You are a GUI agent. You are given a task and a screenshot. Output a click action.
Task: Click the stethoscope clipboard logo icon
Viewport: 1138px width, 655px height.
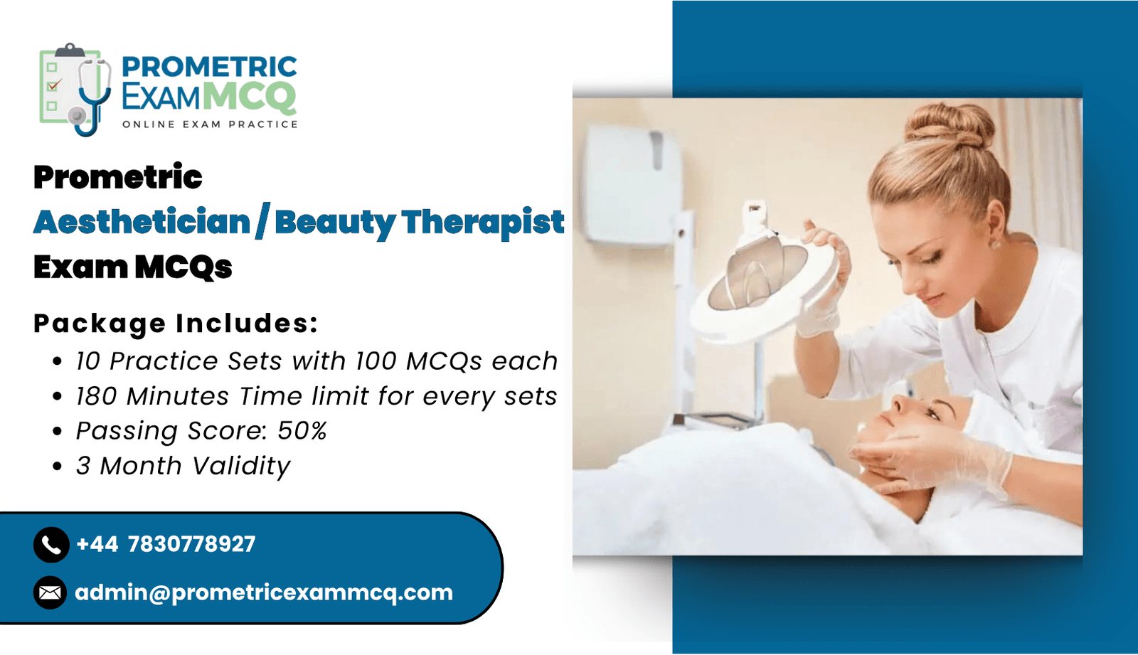coord(75,90)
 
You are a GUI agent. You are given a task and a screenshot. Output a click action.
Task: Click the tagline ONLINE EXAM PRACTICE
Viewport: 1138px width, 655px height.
coord(210,124)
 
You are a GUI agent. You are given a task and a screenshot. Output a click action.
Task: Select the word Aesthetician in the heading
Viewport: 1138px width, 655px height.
coord(142,223)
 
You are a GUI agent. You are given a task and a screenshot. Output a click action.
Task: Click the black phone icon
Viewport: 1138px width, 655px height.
coord(50,545)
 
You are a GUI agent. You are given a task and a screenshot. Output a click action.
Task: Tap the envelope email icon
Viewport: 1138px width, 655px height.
coord(50,592)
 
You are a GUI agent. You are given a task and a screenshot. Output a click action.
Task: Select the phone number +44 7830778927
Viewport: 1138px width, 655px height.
coord(166,544)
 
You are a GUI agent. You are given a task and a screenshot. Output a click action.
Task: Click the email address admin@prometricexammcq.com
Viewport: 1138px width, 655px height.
coord(264,592)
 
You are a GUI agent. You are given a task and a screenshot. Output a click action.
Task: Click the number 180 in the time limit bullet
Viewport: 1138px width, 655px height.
coord(97,396)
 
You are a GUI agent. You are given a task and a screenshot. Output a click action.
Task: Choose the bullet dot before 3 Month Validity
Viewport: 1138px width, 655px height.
coord(58,466)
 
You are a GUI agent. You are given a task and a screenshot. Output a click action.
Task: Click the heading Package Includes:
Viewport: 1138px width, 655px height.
coord(176,323)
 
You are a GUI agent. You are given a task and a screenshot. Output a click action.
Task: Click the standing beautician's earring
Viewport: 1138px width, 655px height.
coord(995,245)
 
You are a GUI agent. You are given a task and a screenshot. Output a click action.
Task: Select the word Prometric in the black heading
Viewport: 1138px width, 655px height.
coord(118,177)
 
